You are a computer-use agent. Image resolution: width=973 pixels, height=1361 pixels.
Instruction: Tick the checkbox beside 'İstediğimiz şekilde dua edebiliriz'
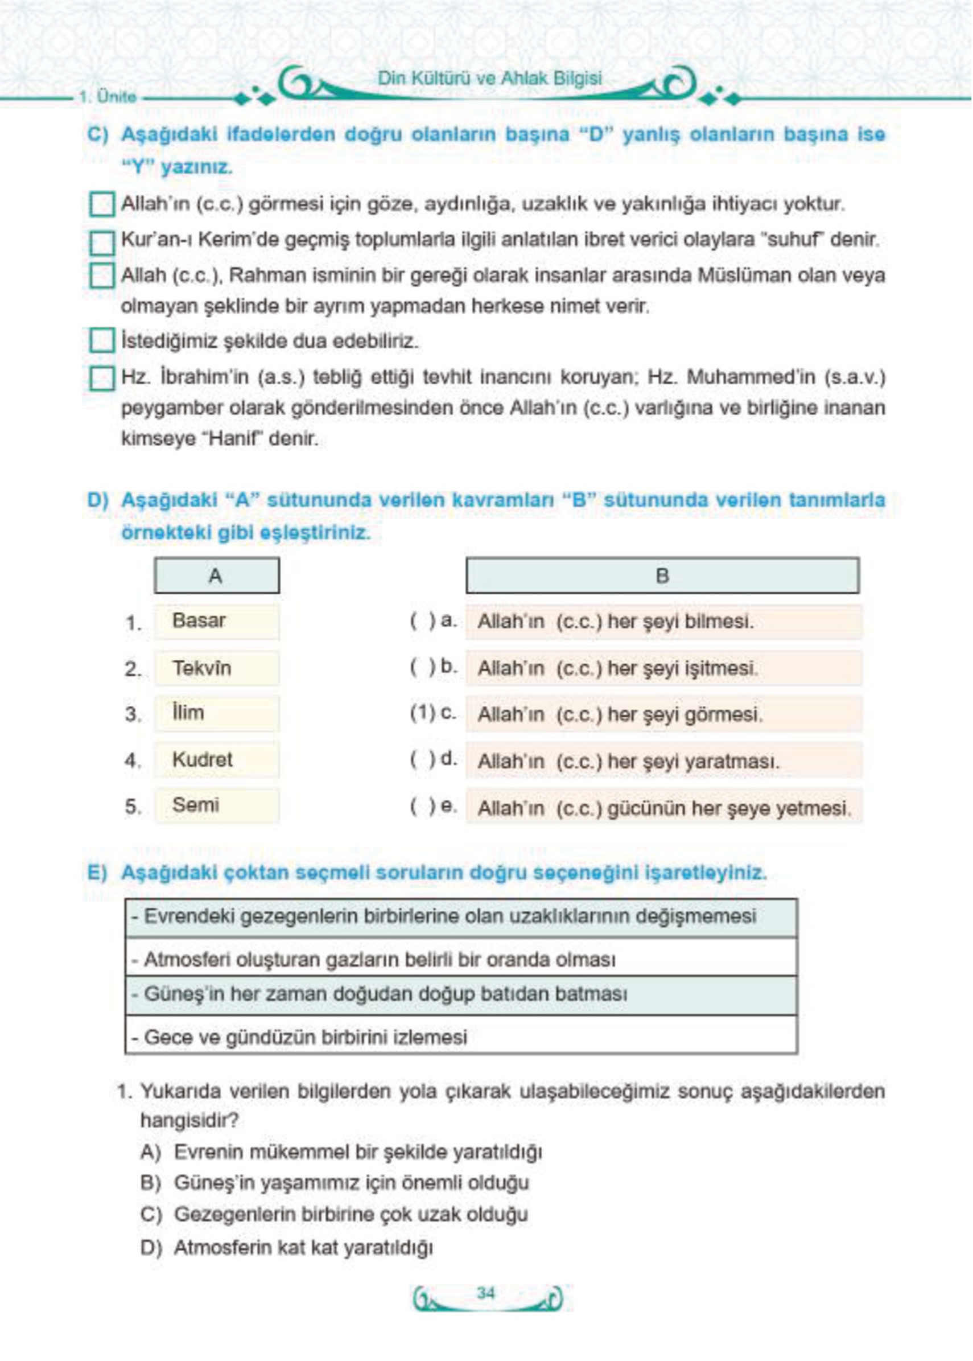pos(102,340)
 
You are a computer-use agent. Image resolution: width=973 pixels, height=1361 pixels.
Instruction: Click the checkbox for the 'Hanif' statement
pos(102,378)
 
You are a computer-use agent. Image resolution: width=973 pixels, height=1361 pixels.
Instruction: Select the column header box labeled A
pos(216,576)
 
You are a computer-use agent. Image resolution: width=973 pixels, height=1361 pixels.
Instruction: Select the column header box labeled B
pos(662,576)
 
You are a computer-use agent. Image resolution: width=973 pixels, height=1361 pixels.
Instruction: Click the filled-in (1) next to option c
pos(422,713)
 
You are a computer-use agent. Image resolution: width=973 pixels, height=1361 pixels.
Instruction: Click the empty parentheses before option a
pos(422,621)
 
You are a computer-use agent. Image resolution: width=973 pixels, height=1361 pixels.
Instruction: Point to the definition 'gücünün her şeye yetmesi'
pos(663,808)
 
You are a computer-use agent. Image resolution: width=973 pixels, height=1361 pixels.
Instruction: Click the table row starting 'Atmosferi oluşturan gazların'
pos(461,960)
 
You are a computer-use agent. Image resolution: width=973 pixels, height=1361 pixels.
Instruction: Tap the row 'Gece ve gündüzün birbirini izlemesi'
pos(461,1037)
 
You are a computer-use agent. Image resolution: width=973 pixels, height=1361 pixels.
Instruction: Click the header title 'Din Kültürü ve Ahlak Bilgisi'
pos(489,78)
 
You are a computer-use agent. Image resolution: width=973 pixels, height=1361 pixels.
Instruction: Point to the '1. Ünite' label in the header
pos(108,97)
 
